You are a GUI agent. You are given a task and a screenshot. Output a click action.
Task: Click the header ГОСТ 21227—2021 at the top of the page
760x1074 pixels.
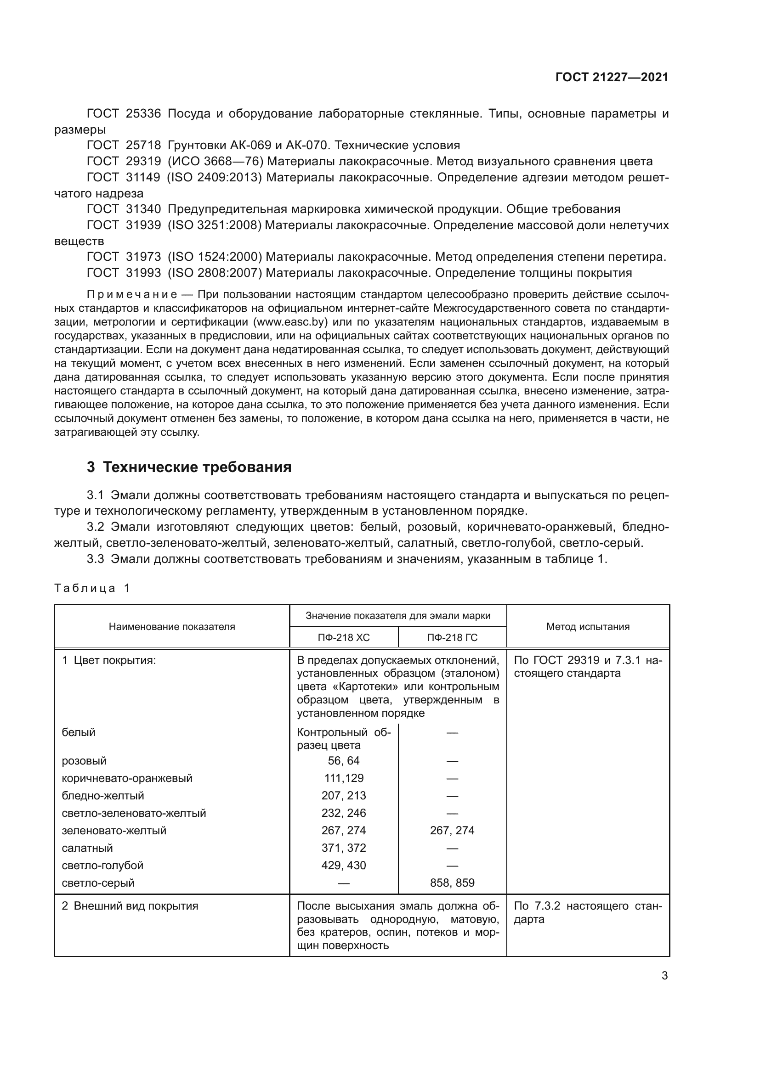click(x=612, y=77)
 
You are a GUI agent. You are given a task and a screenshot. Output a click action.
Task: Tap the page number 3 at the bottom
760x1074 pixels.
click(x=664, y=976)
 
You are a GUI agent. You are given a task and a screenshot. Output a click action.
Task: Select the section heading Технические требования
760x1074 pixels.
click(x=197, y=467)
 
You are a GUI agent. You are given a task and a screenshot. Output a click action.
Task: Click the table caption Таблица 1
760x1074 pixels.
click(x=92, y=588)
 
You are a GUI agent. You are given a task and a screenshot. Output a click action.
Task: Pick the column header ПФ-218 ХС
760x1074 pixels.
click(x=344, y=637)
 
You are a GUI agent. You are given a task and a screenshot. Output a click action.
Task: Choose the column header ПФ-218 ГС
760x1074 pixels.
click(x=452, y=637)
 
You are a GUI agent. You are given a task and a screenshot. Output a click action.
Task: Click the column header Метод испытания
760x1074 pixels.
click(x=588, y=626)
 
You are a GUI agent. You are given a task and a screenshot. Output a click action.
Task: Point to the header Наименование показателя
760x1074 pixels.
click(x=172, y=626)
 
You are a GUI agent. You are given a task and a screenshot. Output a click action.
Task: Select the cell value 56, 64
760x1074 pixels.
click(x=344, y=760)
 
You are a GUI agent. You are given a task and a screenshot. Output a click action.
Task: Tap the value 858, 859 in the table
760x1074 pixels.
click(x=452, y=883)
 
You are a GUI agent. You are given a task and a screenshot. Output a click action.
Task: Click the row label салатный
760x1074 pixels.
click(x=87, y=848)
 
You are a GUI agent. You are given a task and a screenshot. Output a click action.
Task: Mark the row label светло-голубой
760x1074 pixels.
click(x=102, y=866)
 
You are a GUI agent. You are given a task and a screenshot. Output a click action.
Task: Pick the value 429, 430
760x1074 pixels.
click(x=344, y=866)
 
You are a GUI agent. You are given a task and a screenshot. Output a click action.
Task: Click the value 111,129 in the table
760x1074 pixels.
click(x=344, y=778)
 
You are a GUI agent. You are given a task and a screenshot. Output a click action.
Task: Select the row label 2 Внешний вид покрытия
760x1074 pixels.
click(x=130, y=906)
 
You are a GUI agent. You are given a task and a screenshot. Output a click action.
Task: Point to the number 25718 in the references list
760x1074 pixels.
click(x=143, y=145)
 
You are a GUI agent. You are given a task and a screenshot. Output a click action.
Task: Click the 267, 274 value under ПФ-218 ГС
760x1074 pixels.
click(x=452, y=830)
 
